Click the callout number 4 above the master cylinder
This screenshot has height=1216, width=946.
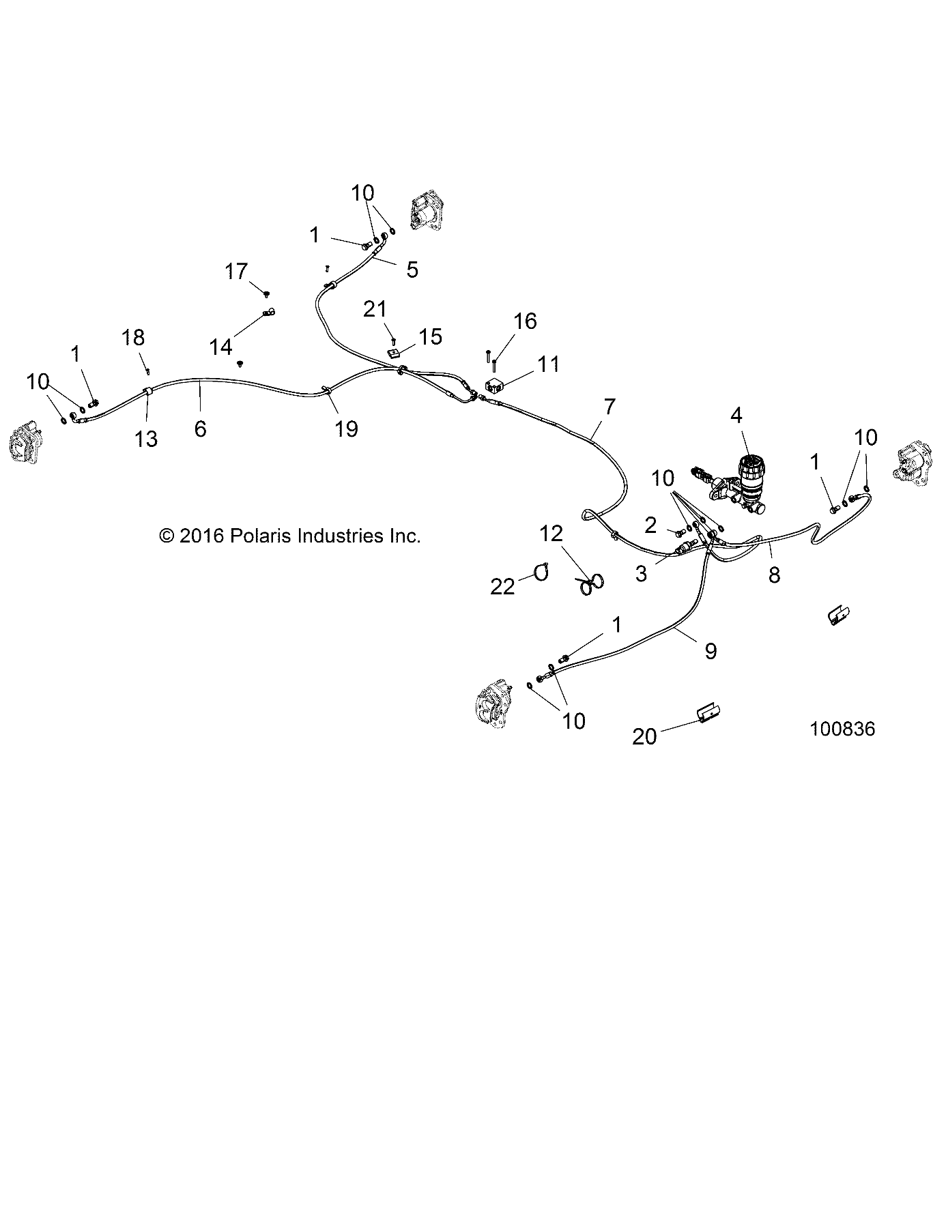pyautogui.click(x=736, y=416)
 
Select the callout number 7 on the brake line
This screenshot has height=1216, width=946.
pyautogui.click(x=609, y=407)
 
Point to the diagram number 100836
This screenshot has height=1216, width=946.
pyautogui.click(x=842, y=729)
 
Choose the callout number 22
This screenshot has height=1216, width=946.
pyautogui.click(x=503, y=587)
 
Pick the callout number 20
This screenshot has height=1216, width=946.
pyautogui.click(x=644, y=737)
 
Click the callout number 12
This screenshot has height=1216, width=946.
pyautogui.click(x=551, y=534)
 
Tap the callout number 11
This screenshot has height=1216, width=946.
pyautogui.click(x=548, y=364)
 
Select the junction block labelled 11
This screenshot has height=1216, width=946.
pyautogui.click(x=494, y=386)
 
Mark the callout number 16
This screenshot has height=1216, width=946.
pyautogui.click(x=525, y=321)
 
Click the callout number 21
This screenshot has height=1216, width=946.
pyautogui.click(x=375, y=310)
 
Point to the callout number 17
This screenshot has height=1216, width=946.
pyautogui.click(x=236, y=272)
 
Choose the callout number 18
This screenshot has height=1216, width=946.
pyautogui.click(x=134, y=338)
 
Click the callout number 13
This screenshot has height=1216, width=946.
pyautogui.click(x=146, y=439)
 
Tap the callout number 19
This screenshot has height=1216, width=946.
pyautogui.click(x=346, y=429)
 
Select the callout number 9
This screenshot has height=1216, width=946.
pyautogui.click(x=711, y=651)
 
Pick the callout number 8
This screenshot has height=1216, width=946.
pyautogui.click(x=774, y=575)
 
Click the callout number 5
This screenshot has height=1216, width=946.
pyautogui.click(x=412, y=270)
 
